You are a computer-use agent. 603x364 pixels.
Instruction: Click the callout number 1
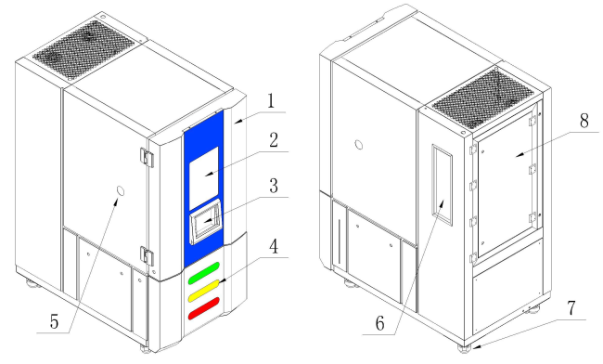click(x=272, y=100)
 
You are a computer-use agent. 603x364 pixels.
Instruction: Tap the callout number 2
click(x=274, y=140)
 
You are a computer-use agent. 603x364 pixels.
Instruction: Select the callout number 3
click(x=274, y=186)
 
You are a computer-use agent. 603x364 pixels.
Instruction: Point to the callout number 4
click(x=274, y=247)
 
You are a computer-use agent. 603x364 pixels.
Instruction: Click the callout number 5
click(x=54, y=321)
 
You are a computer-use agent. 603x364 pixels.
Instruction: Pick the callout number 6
click(x=379, y=323)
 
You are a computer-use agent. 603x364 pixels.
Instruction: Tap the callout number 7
click(x=571, y=308)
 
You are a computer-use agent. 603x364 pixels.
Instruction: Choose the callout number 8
click(x=584, y=121)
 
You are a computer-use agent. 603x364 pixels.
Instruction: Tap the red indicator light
click(x=204, y=308)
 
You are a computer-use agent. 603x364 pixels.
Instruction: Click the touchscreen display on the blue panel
click(x=207, y=223)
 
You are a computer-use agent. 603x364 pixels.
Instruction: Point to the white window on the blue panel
click(x=204, y=177)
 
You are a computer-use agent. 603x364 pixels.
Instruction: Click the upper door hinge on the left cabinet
click(x=147, y=157)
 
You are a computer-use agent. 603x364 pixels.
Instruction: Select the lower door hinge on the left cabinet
click(x=147, y=256)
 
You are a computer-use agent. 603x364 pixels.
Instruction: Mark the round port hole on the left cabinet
click(x=121, y=191)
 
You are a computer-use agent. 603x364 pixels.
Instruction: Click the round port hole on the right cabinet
click(x=359, y=145)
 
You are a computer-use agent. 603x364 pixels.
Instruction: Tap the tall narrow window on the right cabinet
click(x=443, y=185)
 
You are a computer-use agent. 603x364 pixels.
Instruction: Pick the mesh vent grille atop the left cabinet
click(x=83, y=50)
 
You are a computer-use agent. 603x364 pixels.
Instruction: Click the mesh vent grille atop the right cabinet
click(x=483, y=99)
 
